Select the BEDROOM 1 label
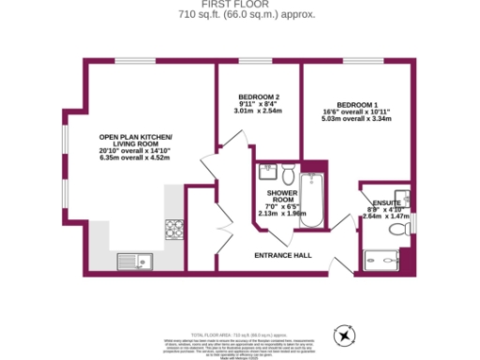[x=356, y=104]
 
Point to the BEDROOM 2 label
[x=258, y=97]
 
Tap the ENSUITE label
[x=386, y=202]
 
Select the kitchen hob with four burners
[x=173, y=228]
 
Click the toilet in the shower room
[x=289, y=174]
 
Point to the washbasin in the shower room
[x=265, y=172]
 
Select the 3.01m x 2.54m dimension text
[x=258, y=112]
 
